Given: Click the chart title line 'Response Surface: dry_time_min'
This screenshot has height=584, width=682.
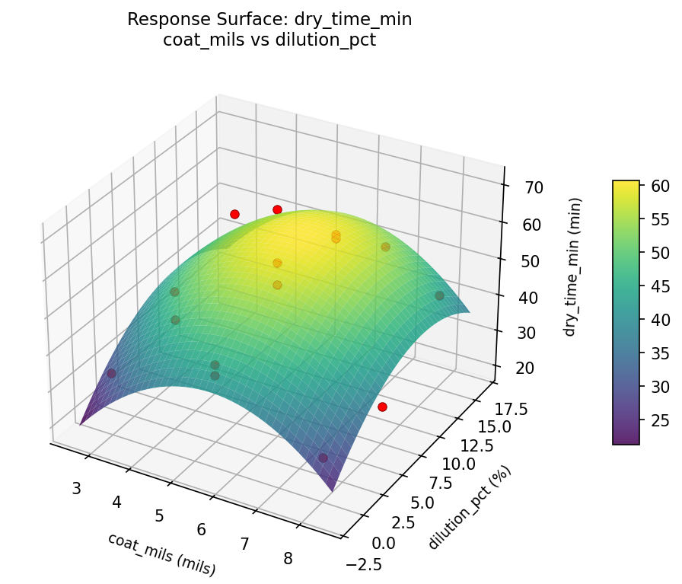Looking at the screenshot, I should pos(269,20).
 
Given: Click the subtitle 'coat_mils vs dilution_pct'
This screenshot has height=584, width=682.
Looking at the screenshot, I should pos(269,40).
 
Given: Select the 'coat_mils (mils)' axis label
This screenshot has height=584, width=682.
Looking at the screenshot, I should pos(161,554).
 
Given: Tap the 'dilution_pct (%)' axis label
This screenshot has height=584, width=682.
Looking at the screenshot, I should pos(470,507).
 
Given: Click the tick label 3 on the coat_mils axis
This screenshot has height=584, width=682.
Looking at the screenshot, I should pos(76,488).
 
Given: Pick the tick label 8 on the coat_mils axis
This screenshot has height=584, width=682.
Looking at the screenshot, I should pos(288,558).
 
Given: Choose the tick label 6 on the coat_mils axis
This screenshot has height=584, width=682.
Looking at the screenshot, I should pos(202,529).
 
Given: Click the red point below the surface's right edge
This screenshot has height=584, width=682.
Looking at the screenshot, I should pos(382,407).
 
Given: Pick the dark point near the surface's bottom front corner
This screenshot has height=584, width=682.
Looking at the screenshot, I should pos(323,458).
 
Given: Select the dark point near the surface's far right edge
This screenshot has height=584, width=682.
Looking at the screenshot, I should pos(439,295).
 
